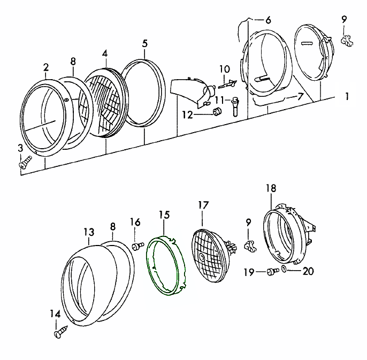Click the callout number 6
click(x=267, y=20)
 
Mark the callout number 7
click(x=300, y=97)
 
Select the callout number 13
click(x=89, y=232)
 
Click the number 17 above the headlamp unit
click(x=202, y=205)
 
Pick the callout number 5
click(x=144, y=43)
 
